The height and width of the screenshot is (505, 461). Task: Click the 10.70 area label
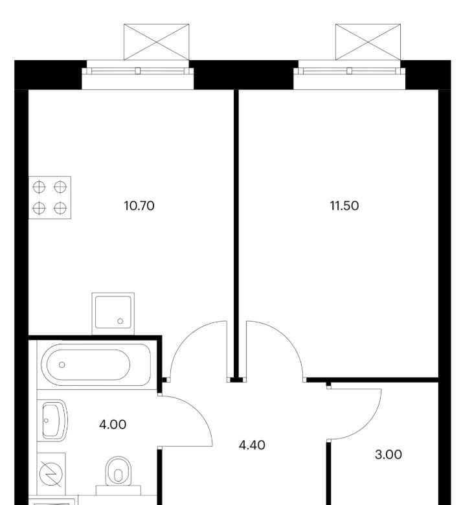[x=139, y=205]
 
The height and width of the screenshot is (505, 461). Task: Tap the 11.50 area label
[x=344, y=205]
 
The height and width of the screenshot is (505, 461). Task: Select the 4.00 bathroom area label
[x=113, y=425]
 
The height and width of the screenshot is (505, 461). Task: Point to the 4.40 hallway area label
[x=252, y=445]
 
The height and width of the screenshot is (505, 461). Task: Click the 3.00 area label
[x=388, y=454]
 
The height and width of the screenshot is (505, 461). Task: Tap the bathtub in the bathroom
[x=96, y=365]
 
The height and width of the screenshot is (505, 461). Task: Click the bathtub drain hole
[x=62, y=365]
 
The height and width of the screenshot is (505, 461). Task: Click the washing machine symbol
[x=51, y=474]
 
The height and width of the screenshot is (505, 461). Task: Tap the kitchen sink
[x=113, y=313]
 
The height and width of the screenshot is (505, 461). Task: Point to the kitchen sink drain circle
[x=120, y=321]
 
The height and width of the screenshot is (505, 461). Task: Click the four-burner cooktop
[x=50, y=197]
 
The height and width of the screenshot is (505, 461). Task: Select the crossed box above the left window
[x=157, y=42]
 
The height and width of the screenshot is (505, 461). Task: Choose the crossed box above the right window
[x=368, y=42]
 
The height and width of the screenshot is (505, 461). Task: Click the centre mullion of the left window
[x=137, y=71]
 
